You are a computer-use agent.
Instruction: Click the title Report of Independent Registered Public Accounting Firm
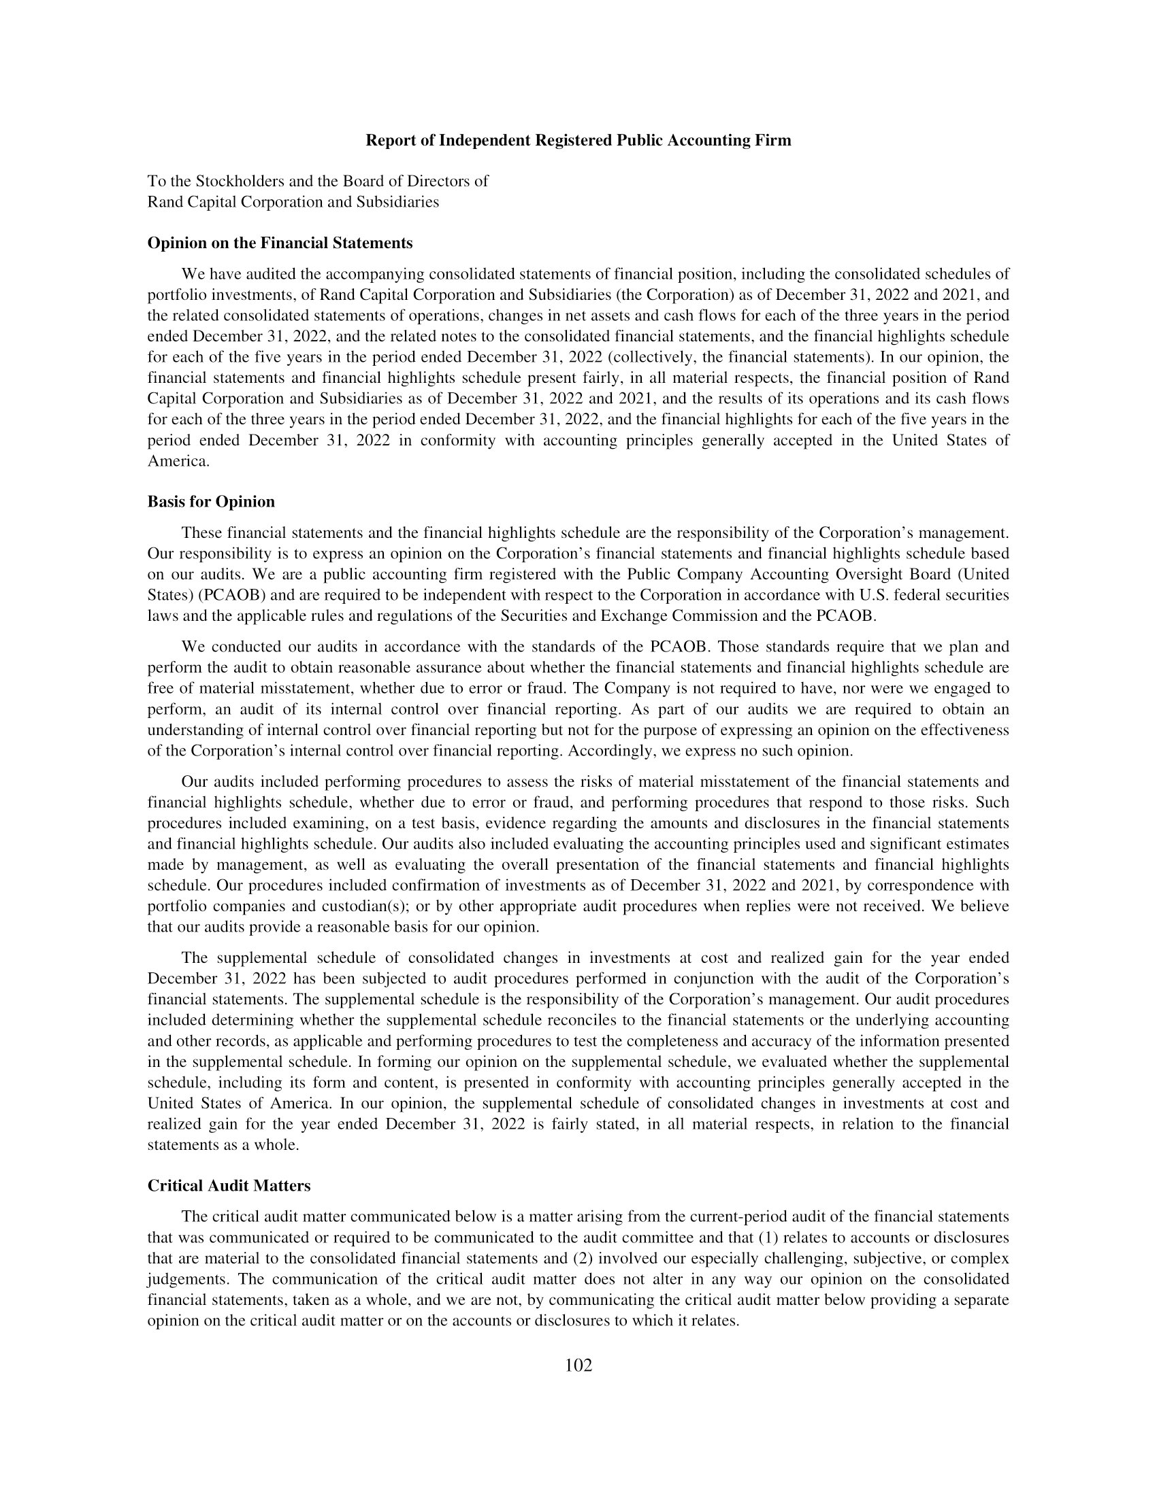click(578, 141)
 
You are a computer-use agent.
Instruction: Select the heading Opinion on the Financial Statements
click(280, 243)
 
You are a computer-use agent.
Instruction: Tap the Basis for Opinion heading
click(210, 501)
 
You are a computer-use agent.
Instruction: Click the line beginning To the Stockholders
click(317, 182)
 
